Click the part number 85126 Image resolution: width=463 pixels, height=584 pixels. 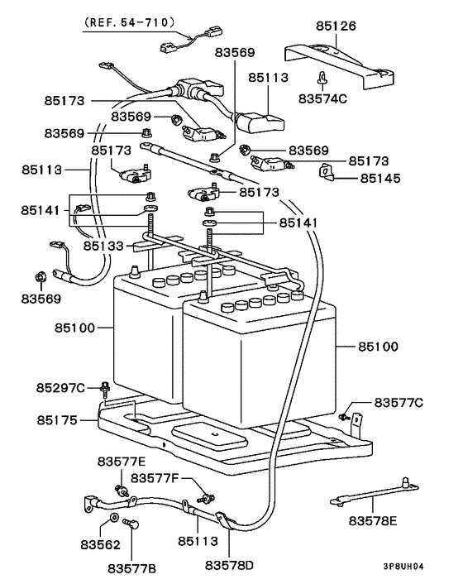pos(336,26)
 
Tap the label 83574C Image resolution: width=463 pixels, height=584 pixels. pos(322,98)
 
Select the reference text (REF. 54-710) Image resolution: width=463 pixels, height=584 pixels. pos(129,22)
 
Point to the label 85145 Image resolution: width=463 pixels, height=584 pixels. pos(380,178)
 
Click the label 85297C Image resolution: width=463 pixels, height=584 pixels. pos(60,388)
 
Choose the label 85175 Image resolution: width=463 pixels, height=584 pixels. pos(57,420)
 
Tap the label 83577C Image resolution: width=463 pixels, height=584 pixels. pos(399,403)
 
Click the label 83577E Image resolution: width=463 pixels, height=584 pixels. pos(122,462)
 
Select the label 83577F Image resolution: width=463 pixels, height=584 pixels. pos(155,478)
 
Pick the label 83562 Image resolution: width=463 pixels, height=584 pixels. pos(101,545)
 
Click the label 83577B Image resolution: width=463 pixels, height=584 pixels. pos(132,569)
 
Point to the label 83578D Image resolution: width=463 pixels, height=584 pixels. pos(229,565)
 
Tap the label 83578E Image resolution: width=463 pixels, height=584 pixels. pos(373,520)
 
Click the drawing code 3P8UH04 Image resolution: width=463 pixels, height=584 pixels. pos(403,567)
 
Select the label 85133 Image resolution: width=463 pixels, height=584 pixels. pos(103,246)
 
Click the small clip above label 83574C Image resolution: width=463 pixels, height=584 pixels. pos(322,78)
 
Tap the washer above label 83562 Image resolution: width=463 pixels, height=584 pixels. pos(114,517)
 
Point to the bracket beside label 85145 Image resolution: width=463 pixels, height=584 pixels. pos(326,172)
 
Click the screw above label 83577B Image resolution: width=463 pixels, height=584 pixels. pos(131,524)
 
